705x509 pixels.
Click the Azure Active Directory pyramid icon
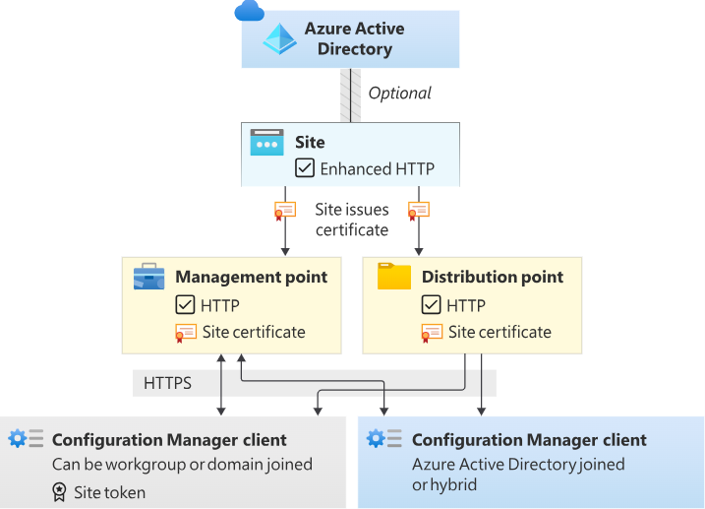click(279, 38)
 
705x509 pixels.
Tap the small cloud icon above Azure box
click(250, 11)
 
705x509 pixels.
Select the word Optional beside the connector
click(399, 94)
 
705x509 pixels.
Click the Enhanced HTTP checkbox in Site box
click(305, 168)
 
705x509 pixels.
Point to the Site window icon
click(266, 143)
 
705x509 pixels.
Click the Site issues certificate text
click(352, 219)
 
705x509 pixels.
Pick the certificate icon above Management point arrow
click(284, 210)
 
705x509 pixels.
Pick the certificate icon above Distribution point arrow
click(419, 210)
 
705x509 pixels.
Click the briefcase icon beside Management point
click(148, 277)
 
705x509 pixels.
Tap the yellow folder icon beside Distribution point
click(394, 277)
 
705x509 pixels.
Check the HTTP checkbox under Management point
click(185, 305)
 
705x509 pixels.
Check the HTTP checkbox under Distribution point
click(431, 305)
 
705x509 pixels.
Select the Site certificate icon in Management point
click(185, 333)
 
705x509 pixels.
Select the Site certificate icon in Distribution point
click(431, 333)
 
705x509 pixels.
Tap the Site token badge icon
click(59, 492)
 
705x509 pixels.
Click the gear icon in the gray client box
click(18, 438)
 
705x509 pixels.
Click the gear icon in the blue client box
click(376, 438)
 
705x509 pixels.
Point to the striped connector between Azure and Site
click(350, 95)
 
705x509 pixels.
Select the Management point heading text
click(251, 277)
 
